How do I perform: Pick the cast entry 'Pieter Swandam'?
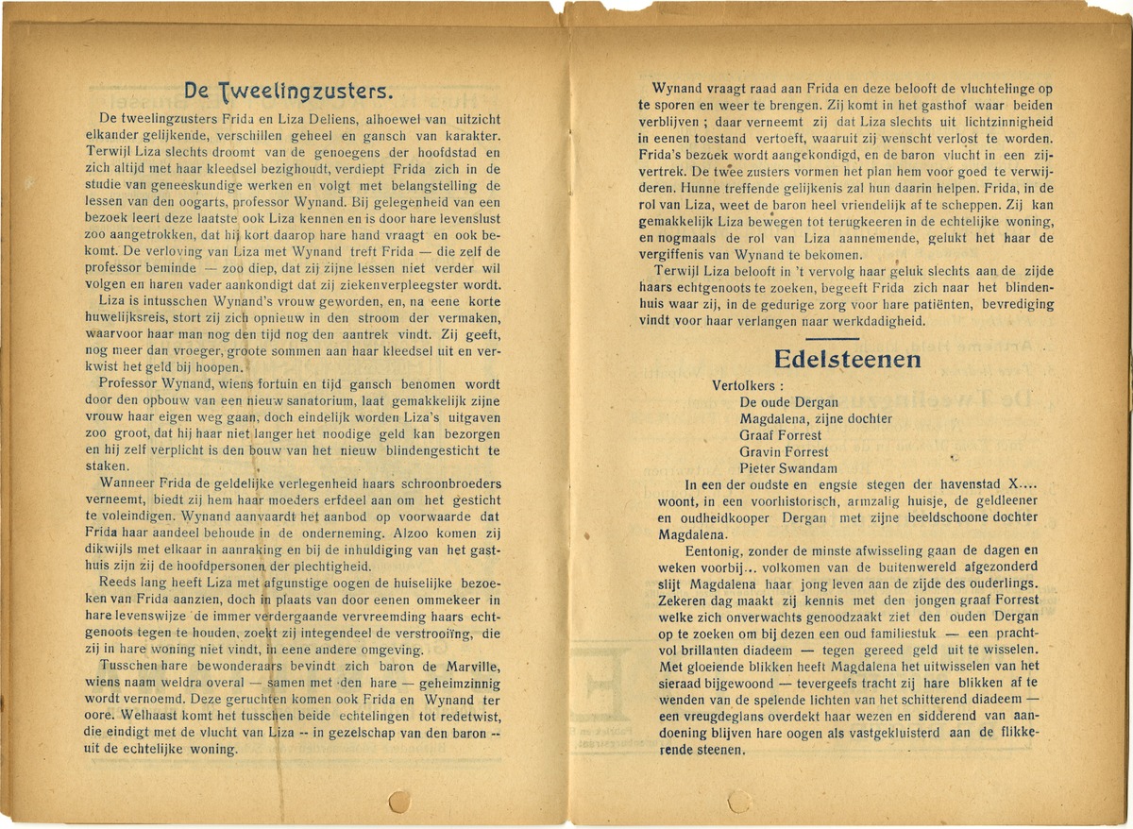tap(788, 468)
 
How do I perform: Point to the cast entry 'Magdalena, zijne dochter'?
tap(817, 418)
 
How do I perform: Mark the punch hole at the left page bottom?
tap(400, 802)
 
